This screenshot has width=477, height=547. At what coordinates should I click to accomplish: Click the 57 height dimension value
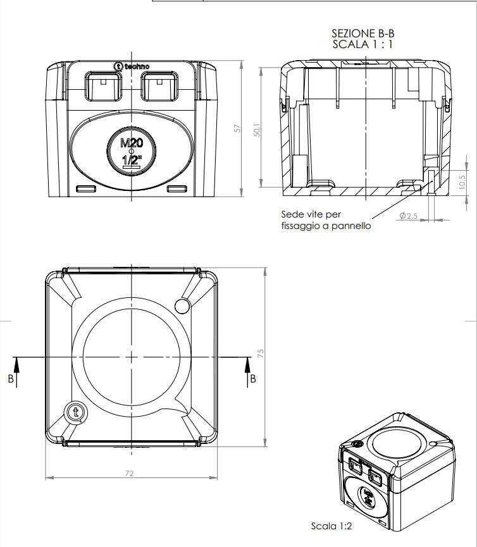(238, 128)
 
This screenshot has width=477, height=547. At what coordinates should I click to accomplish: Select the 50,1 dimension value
(257, 129)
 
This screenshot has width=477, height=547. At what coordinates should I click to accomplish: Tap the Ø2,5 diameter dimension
(408, 216)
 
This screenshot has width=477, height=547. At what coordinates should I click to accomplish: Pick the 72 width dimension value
(131, 473)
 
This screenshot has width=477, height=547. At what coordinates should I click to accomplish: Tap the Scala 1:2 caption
(331, 526)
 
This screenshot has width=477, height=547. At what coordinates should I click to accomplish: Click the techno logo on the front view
(131, 66)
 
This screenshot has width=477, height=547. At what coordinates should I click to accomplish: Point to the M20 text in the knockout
(132, 143)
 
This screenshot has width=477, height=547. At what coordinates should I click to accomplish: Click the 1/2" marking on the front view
(131, 160)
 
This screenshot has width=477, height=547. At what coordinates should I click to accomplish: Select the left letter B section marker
(11, 379)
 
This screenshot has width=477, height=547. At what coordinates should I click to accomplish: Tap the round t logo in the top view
(76, 412)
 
